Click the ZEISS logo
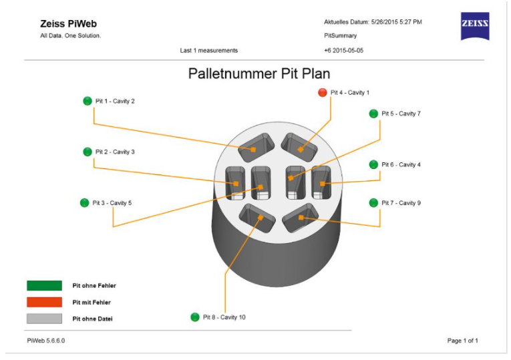pos(475,25)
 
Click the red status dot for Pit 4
pos(323,92)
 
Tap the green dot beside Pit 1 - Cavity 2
pos(87,101)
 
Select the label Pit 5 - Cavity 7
pos(401,114)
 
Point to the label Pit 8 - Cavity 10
pos(224,317)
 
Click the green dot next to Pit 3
pos(84,202)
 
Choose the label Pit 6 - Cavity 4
pos(401,164)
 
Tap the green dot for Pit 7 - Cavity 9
pos(373,202)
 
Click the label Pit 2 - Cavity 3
pos(115,152)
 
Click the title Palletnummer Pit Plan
pos(259,73)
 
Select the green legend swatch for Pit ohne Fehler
pos(44,285)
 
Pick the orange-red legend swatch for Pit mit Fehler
pos(44,302)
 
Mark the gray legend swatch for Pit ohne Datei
pos(44,319)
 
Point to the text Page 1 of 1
pos(462,341)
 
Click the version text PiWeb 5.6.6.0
pos(46,341)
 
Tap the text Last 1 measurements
pos(208,50)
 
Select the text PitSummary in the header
pos(340,35)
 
